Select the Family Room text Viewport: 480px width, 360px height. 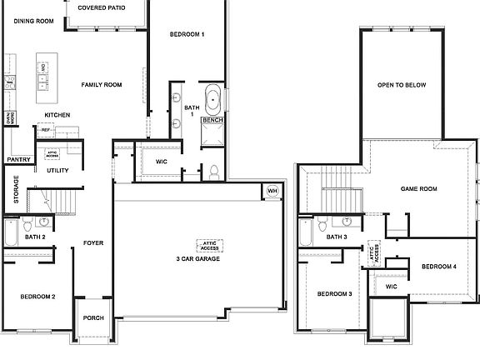pyautogui.click(x=102, y=85)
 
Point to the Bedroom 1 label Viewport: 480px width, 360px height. pyautogui.click(x=187, y=34)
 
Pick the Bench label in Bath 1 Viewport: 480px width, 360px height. pyautogui.click(x=212, y=121)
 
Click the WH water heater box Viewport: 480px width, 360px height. pyautogui.click(x=272, y=191)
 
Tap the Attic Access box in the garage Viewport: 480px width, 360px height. pyautogui.click(x=208, y=246)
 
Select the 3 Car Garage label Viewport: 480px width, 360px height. pyautogui.click(x=197, y=259)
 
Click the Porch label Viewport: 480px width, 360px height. pyautogui.click(x=93, y=317)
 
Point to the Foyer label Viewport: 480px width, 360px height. pyautogui.click(x=92, y=244)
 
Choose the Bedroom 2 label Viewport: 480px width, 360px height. pyautogui.click(x=37, y=297)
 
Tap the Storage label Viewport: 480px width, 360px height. pyautogui.click(x=16, y=190)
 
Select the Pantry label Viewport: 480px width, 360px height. pyautogui.click(x=18, y=159)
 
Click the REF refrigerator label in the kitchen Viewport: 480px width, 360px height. pyautogui.click(x=46, y=130)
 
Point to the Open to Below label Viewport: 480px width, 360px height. pyautogui.click(x=402, y=85)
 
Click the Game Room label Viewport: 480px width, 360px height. pyautogui.click(x=418, y=189)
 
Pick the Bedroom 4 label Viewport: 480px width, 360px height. pyautogui.click(x=438, y=267)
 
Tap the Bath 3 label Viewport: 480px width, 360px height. pyautogui.click(x=337, y=237)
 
